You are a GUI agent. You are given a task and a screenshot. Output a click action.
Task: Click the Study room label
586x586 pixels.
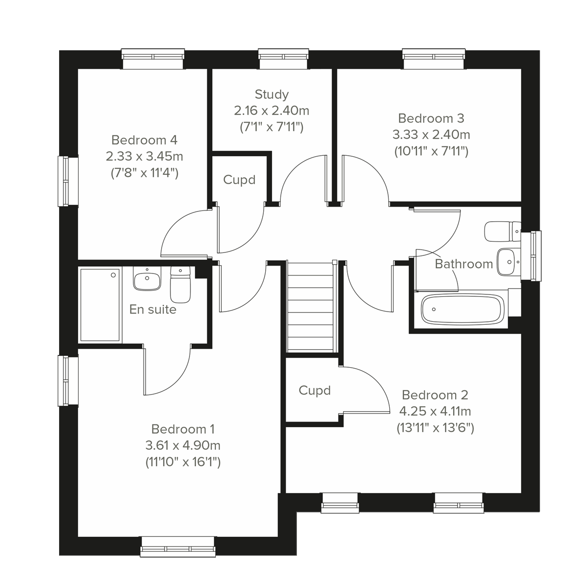coord(272,94)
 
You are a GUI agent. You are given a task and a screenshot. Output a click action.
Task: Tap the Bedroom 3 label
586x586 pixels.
coord(431,118)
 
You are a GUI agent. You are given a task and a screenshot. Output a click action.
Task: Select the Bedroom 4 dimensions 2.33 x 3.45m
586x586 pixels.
coord(145,156)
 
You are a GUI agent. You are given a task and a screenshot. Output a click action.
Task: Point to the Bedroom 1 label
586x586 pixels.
coord(183,429)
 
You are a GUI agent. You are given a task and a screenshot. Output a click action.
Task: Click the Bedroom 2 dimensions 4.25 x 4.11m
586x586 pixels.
coord(436,411)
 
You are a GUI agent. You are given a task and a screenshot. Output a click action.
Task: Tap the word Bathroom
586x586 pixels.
coord(463,264)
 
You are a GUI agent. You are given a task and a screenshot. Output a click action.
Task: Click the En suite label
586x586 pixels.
coord(153,309)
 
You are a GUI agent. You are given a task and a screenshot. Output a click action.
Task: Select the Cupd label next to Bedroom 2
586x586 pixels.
coord(314,391)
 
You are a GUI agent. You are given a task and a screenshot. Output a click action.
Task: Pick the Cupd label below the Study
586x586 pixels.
coord(239,180)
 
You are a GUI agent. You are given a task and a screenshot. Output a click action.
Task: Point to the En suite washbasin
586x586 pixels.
coord(147,279)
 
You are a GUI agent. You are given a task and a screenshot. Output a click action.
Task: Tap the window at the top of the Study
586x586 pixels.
coord(284,59)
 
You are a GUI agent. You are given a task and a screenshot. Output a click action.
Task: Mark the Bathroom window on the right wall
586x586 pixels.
coord(531,256)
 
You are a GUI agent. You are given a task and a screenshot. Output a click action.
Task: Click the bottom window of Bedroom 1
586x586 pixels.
coord(178,546)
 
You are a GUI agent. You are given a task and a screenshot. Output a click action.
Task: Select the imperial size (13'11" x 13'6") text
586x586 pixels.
coord(436,428)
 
